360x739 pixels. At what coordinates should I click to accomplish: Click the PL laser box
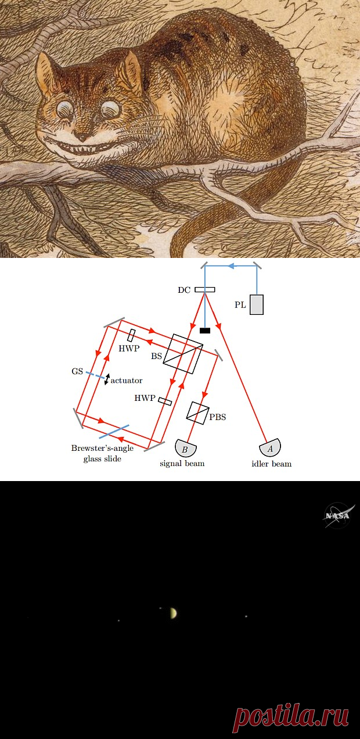click(x=257, y=304)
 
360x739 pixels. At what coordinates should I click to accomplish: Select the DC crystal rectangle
click(x=205, y=290)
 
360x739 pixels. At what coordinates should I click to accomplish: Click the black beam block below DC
click(x=205, y=330)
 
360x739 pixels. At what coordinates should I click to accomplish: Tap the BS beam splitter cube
click(x=183, y=354)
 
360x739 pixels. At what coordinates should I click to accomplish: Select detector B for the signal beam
click(x=186, y=448)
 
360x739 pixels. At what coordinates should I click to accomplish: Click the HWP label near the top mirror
click(x=129, y=349)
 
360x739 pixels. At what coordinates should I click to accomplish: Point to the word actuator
click(x=127, y=381)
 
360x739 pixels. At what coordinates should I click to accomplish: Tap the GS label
click(x=77, y=371)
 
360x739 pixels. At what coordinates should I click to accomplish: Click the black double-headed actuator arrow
click(x=107, y=379)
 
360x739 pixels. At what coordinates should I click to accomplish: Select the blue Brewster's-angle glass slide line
click(x=114, y=431)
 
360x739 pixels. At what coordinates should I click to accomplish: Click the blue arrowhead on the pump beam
click(x=231, y=266)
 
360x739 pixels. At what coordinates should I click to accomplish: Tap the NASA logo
click(x=339, y=515)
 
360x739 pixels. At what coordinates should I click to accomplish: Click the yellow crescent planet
click(x=174, y=613)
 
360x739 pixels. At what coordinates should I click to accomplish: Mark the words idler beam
click(x=272, y=464)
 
